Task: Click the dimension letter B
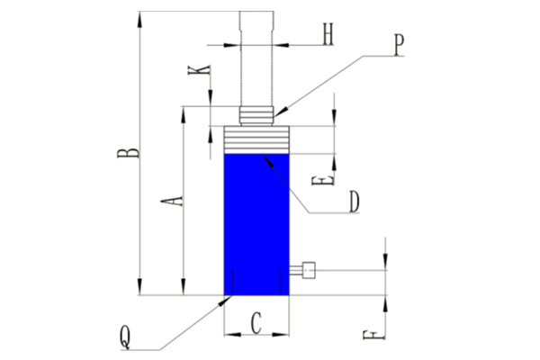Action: [128, 153]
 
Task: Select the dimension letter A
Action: [172, 201]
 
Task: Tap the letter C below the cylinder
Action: [256, 323]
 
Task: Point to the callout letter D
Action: [355, 202]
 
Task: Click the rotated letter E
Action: [323, 181]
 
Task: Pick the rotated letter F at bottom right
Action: [374, 335]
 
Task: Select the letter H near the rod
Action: [328, 34]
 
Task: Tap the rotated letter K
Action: [200, 70]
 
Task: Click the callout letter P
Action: [399, 46]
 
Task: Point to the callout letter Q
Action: [125, 338]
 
